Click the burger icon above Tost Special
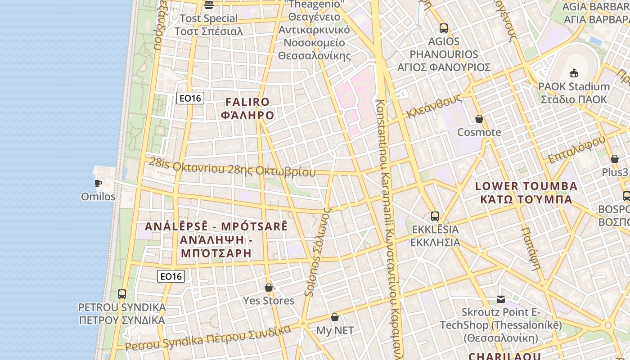tap(208, 5)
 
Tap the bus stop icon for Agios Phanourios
tap(444, 28)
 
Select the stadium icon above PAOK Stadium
tap(574, 73)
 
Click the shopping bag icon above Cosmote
tap(479, 119)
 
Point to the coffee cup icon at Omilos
tap(98, 183)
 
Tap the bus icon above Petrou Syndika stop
tap(122, 294)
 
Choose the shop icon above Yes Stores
tap(269, 288)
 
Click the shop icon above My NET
tap(335, 317)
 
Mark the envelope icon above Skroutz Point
tap(500, 299)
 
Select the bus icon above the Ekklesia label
tap(435, 216)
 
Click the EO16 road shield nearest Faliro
tap(190, 98)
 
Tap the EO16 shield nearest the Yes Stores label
tap(171, 276)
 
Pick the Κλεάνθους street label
tap(434, 106)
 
